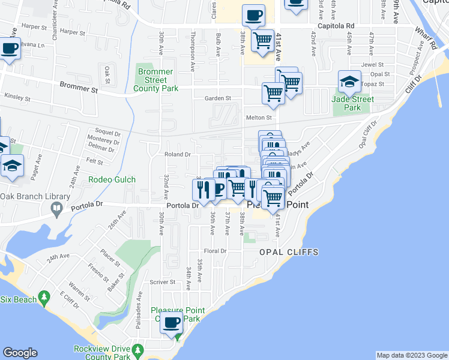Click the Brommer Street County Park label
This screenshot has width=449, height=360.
tap(155, 80)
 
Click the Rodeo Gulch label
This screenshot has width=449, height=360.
tap(112, 179)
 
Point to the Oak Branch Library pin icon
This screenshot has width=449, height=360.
tap(57, 209)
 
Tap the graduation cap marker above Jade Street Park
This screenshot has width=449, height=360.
tap(349, 81)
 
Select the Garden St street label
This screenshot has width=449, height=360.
tap(218, 98)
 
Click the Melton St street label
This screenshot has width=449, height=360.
tap(259, 118)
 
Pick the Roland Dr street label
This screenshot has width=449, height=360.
tap(178, 154)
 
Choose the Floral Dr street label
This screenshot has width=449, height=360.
tap(214, 251)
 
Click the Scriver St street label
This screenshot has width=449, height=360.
tap(162, 281)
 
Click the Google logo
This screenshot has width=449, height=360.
tap(20, 353)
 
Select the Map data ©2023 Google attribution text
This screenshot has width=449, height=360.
tap(411, 355)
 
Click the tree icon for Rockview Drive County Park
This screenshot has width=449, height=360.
tap(137, 349)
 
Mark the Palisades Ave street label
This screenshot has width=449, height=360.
tap(139, 304)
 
